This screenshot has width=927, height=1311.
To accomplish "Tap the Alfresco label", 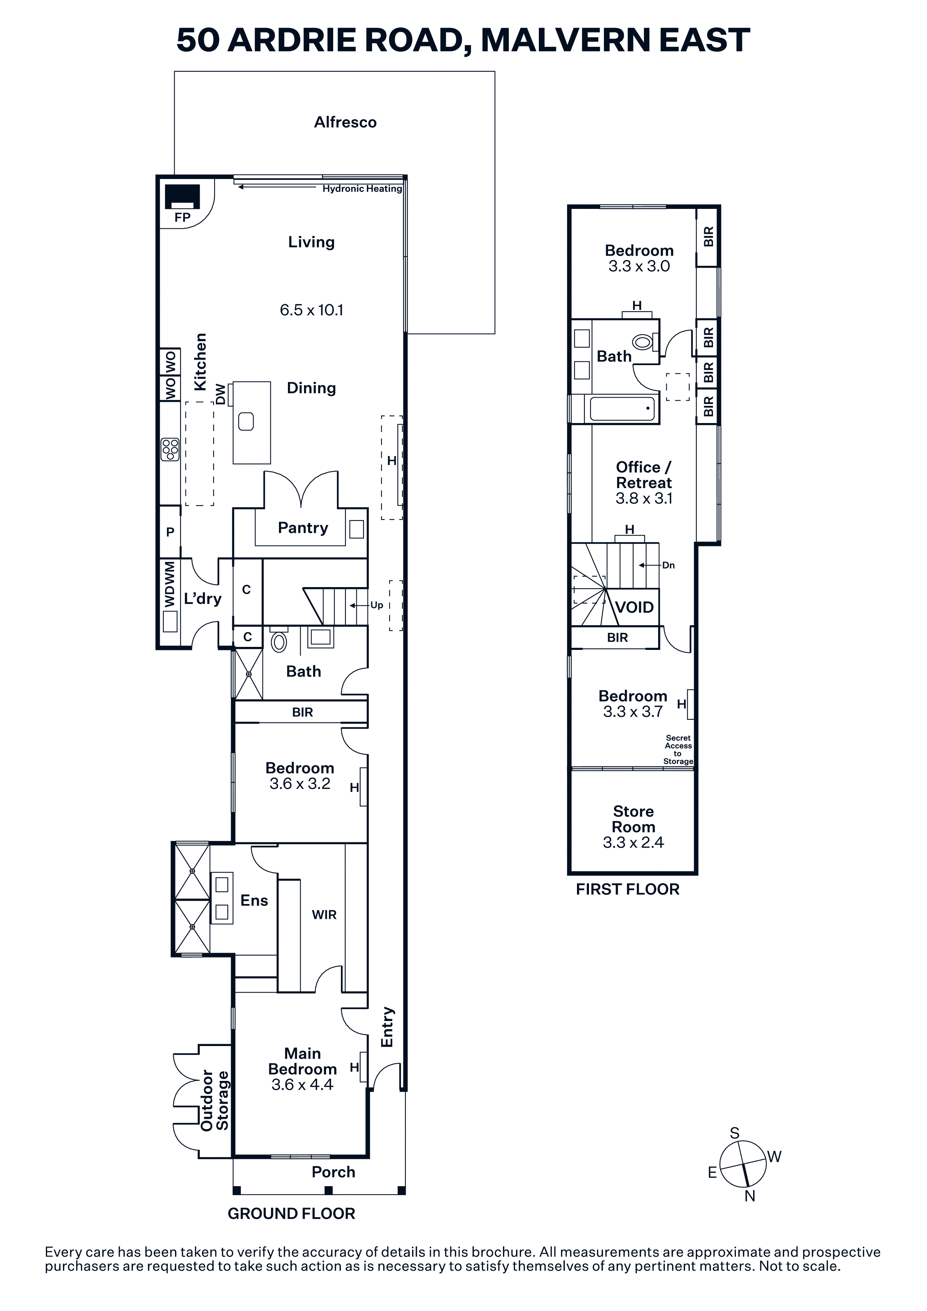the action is pyautogui.click(x=345, y=122).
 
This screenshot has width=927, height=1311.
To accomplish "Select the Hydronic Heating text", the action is pyautogui.click(x=362, y=188).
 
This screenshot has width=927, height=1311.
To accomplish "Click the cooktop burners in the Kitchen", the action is pyautogui.click(x=170, y=449).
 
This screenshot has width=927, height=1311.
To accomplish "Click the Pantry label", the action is pyautogui.click(x=303, y=528).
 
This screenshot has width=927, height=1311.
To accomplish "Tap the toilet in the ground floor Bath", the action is pyautogui.click(x=279, y=641).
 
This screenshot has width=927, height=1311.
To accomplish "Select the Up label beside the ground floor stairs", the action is pyautogui.click(x=377, y=605).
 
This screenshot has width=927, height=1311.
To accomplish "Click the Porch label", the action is pyautogui.click(x=334, y=1172).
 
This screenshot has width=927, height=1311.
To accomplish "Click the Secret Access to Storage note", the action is pyautogui.click(x=679, y=750).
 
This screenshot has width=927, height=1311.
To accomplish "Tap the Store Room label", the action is pyautogui.click(x=633, y=819).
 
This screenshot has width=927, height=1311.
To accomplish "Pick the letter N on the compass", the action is pyautogui.click(x=750, y=1196).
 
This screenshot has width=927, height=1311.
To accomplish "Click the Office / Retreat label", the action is pyautogui.click(x=644, y=475).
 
